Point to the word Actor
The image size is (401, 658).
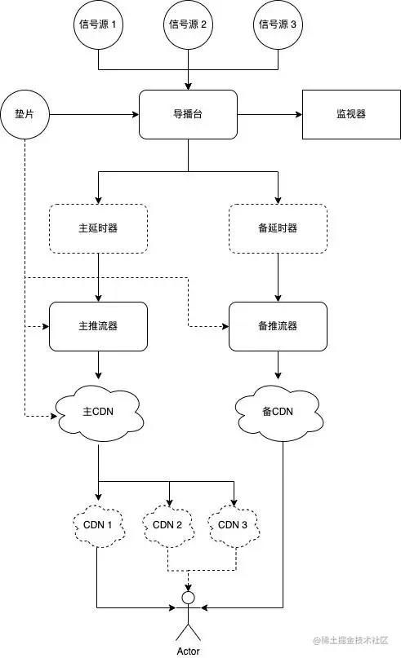click(188, 651)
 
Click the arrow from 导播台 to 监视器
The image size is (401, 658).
click(270, 114)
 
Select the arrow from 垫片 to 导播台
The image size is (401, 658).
click(94, 114)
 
